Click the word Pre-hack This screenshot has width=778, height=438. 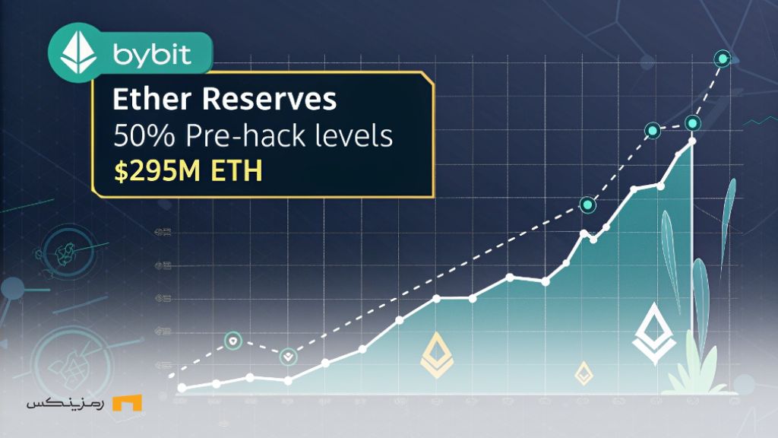tap(239, 136)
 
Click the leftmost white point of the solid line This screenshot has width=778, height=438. tap(182, 388)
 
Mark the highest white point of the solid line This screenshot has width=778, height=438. tap(692, 141)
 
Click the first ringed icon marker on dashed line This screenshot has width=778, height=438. tap(233, 341)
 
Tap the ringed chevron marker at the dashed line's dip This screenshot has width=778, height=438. tap(288, 355)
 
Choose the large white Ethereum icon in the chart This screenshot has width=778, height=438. tap(653, 334)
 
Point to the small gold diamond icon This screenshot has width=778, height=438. tap(583, 373)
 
